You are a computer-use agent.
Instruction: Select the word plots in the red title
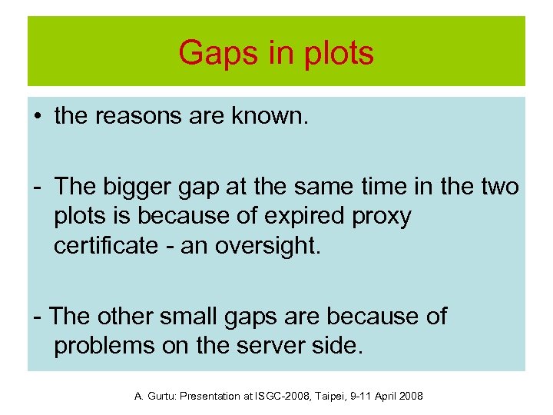click(336, 53)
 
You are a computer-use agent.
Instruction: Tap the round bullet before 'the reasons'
click(37, 118)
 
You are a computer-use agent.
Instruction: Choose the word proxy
click(382, 217)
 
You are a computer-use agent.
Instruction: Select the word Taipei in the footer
click(334, 397)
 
